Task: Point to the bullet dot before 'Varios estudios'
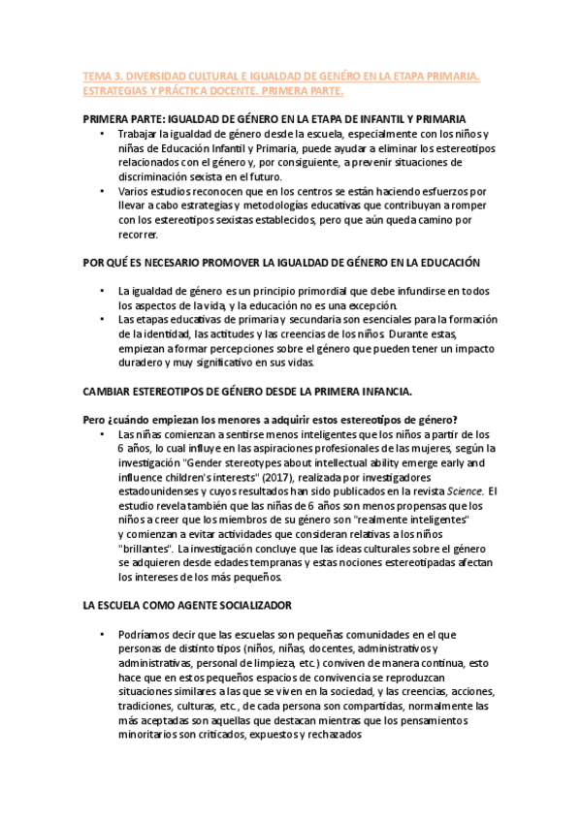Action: click(102, 193)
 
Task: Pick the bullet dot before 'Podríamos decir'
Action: click(102, 634)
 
